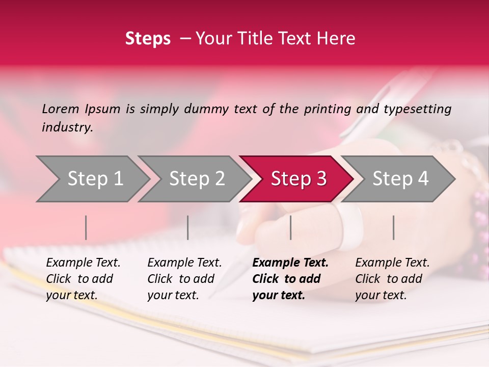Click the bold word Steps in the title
click(148, 39)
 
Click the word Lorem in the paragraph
click(61, 109)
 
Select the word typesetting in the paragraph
click(417, 109)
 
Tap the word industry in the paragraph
click(67, 127)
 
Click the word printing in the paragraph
click(328, 109)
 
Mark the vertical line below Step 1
click(86, 228)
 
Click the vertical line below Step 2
click(188, 228)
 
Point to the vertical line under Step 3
click(290, 228)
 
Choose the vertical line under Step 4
click(393, 228)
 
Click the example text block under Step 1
click(83, 279)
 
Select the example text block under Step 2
click(184, 279)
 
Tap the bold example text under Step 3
click(290, 279)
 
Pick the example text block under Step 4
click(392, 279)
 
